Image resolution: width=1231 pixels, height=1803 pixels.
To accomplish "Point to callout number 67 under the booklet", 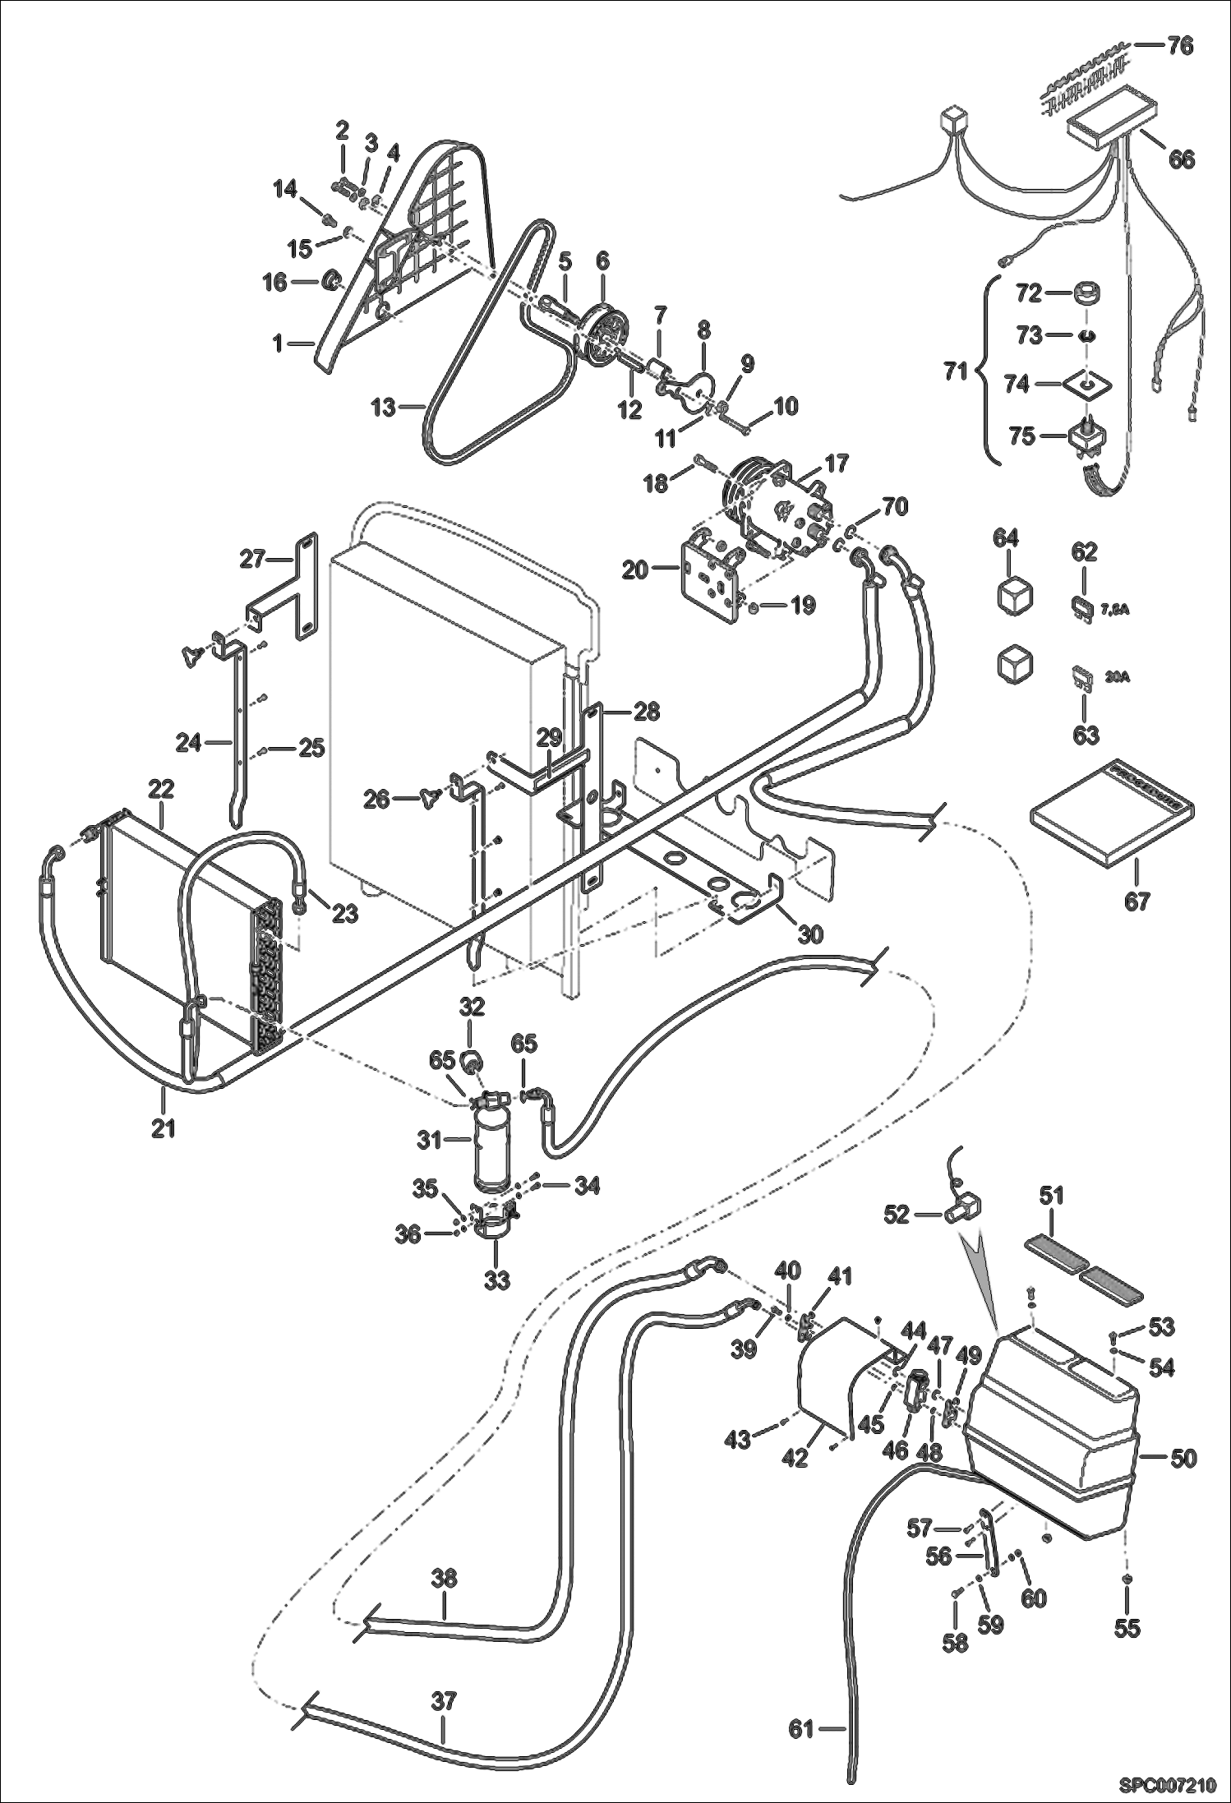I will pyautogui.click(x=1137, y=901).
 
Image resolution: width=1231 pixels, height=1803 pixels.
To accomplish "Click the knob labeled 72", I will pyautogui.click(x=1088, y=293).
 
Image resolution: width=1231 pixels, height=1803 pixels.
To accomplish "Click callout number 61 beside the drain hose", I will pyautogui.click(x=801, y=1729).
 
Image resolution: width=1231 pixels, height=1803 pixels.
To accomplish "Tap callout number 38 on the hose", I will pyautogui.click(x=445, y=1579).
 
